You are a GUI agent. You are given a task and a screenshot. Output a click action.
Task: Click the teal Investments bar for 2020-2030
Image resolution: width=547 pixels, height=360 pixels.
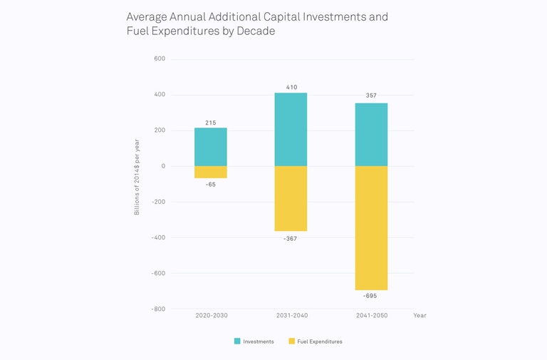coord(211,147)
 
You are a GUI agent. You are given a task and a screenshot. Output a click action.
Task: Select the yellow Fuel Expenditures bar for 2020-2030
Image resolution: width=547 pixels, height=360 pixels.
coord(211,172)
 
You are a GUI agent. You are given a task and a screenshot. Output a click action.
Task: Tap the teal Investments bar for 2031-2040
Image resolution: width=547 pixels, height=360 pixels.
coord(291,130)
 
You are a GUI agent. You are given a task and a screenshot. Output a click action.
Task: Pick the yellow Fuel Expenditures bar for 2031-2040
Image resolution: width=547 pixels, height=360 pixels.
coord(291,198)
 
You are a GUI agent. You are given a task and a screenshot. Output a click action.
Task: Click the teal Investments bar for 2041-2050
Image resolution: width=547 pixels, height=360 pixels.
coord(371,135)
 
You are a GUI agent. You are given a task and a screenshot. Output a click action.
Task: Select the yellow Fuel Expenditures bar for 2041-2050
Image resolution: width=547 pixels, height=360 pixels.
coord(371,227)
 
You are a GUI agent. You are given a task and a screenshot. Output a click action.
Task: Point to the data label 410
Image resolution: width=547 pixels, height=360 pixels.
coord(291,87)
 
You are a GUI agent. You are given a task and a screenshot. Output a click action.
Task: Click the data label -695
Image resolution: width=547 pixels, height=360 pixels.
coord(370,296)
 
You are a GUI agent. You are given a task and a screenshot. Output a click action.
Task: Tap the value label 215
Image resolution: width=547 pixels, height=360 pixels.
coord(211,123)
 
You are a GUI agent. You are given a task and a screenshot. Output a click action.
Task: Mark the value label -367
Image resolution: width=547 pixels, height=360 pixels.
coord(290,239)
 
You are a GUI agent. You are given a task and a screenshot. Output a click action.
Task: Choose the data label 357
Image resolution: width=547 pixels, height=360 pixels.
coord(371,96)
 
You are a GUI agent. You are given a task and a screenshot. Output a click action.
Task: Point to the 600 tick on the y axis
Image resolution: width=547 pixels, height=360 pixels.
coord(160,59)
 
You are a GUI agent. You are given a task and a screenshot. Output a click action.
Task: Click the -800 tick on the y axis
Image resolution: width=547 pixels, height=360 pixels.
coord(158,309)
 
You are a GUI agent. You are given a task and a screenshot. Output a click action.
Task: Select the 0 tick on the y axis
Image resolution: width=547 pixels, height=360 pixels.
coord(163,166)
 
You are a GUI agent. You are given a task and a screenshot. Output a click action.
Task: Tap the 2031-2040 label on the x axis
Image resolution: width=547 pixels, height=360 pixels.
coord(291,315)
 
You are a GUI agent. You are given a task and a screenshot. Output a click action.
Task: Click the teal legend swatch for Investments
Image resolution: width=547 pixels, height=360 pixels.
coord(237,341)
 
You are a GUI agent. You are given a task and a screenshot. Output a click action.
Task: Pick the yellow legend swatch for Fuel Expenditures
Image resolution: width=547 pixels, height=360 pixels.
coord(292,341)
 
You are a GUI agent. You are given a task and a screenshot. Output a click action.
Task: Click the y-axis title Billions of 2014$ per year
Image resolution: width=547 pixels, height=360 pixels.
coord(137,177)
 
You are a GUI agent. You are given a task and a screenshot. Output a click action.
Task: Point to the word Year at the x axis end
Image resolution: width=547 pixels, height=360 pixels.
coord(420,315)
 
